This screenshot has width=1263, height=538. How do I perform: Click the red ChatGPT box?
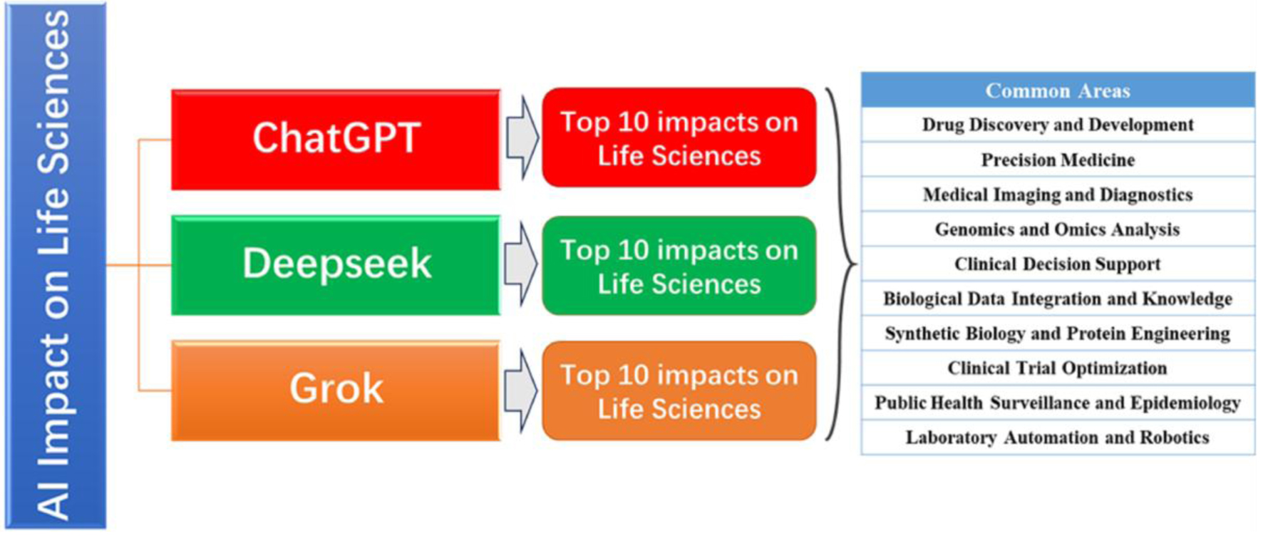coord(336,139)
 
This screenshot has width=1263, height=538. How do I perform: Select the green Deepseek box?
coord(336,264)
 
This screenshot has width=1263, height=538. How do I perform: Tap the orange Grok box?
coord(336,390)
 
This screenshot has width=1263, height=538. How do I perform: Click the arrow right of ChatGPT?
coord(522,138)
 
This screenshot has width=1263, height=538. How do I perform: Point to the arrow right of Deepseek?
coord(522,264)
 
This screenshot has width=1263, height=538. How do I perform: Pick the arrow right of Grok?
coord(522,390)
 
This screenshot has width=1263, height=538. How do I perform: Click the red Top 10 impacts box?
coord(679,138)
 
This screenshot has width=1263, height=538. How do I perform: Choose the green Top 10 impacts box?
coord(679,265)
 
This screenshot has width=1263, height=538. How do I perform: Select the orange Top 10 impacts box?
coord(679,391)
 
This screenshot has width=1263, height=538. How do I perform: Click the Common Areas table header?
coord(1058,90)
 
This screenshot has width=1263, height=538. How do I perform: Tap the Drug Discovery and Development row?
coord(1058,125)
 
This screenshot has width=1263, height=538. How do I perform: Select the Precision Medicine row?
coord(1058,160)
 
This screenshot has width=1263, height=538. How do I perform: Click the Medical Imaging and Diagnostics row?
coord(1058,195)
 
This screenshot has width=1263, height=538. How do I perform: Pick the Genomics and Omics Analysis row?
coord(1058,229)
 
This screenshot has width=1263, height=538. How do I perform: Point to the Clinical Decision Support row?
coord(1058,264)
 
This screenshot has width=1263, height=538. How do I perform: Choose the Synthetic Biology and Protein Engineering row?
coord(1058,333)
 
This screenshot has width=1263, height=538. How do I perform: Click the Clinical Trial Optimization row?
coord(1058,368)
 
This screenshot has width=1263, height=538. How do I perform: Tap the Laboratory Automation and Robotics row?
coord(1058,438)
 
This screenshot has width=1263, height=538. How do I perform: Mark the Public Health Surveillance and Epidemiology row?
coord(1058,403)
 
